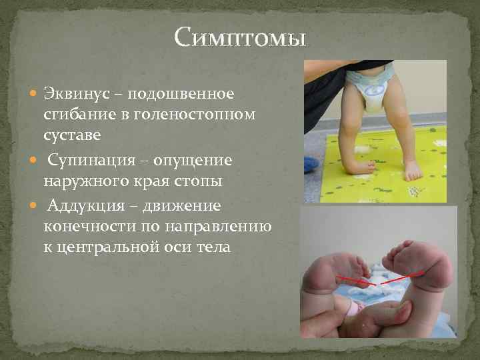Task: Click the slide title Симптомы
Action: coord(241,37)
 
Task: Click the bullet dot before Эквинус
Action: coord(36,92)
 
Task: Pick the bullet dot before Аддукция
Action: coord(36,206)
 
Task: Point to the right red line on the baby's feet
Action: coord(403,277)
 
